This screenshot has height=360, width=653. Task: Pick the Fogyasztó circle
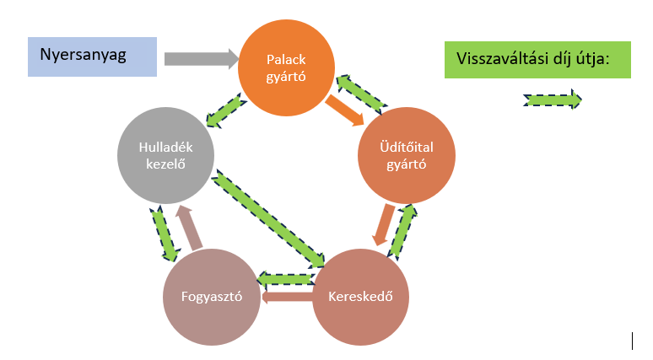(213, 297)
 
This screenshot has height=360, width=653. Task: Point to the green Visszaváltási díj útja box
(537, 59)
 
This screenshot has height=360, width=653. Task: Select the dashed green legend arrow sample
(553, 99)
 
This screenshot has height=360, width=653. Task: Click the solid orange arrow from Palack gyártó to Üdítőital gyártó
(345, 109)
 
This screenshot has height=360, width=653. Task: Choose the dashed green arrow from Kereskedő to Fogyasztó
(287, 277)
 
